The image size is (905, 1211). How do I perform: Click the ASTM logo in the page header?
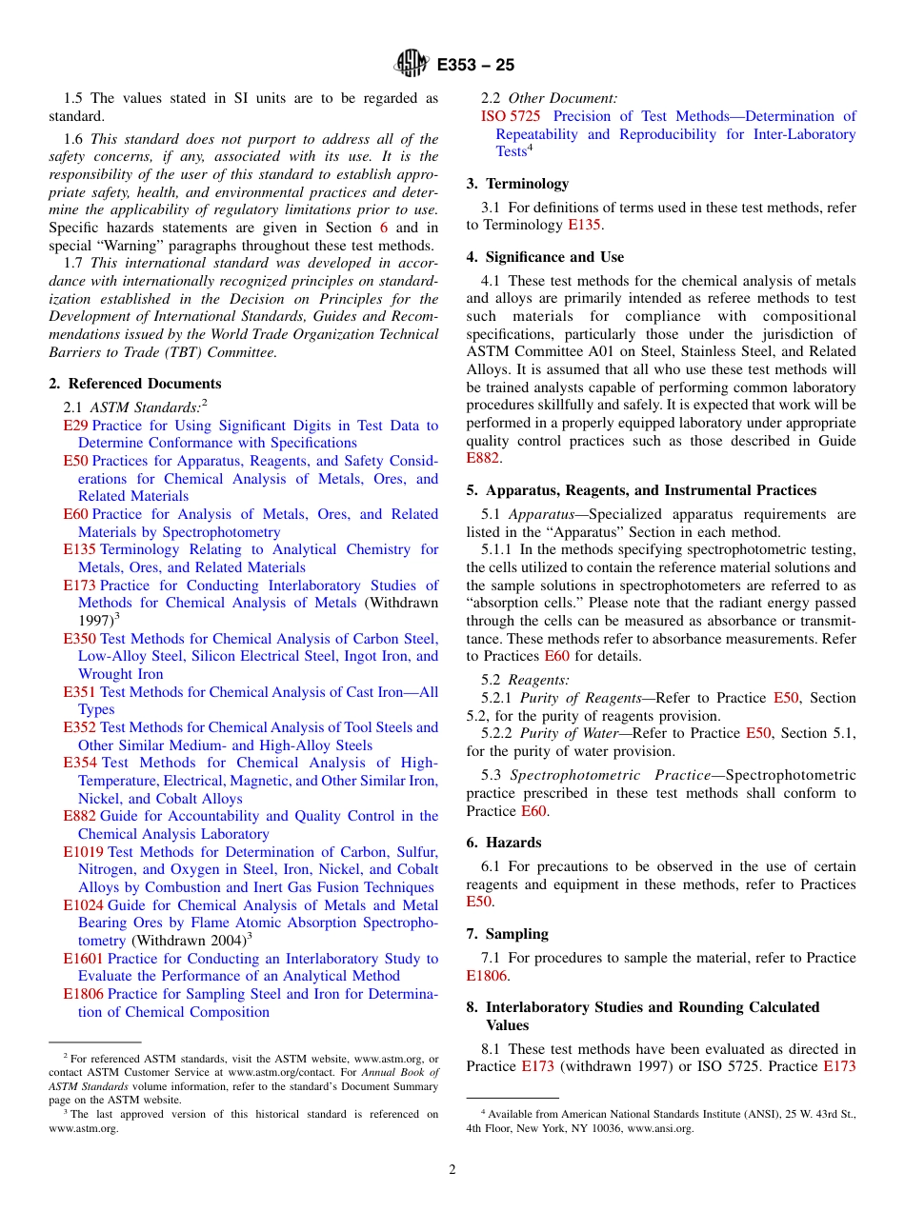(x=412, y=64)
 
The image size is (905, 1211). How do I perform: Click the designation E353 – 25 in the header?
(x=475, y=65)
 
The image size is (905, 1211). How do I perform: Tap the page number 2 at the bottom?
(x=452, y=1169)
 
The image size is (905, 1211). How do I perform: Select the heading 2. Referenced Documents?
(x=135, y=384)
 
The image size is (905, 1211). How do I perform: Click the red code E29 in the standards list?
(x=75, y=426)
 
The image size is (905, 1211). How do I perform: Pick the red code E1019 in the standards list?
(x=83, y=852)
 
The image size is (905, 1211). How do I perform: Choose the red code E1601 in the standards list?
(x=83, y=959)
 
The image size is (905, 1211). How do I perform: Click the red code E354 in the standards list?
(x=80, y=763)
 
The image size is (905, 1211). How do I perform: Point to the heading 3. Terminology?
(x=517, y=184)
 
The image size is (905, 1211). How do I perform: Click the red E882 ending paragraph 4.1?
(x=482, y=459)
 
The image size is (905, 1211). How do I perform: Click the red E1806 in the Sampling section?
(x=486, y=976)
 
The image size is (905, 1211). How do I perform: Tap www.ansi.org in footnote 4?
(x=660, y=1129)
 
